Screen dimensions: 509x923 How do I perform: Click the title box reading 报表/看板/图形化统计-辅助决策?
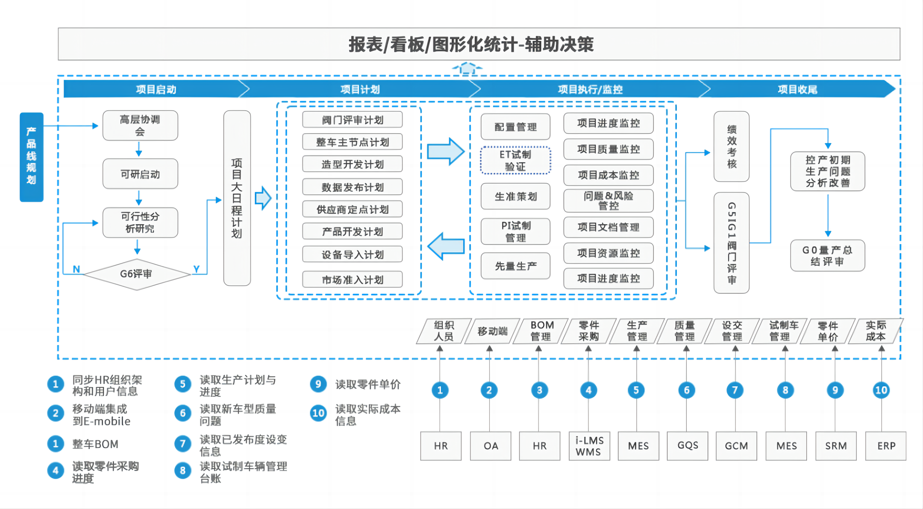tap(479, 44)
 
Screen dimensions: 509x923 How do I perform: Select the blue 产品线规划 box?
tap(31, 157)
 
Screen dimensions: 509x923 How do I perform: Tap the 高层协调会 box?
tap(140, 126)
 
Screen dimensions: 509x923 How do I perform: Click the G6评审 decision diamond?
tap(136, 274)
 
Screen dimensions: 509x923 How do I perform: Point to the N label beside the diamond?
tap(76, 269)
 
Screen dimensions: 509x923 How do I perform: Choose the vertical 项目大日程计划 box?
tap(237, 198)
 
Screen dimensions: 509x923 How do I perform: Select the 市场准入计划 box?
tap(352, 280)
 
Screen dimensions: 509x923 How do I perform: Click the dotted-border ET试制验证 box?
tap(515, 161)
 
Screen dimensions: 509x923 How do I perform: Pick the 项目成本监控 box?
tap(608, 175)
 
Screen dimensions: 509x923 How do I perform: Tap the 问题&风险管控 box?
tap(608, 201)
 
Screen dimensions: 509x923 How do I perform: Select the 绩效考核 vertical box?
tap(731, 146)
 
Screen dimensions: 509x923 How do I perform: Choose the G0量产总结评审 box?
tap(827, 255)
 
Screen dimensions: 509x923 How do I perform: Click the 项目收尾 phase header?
tap(797, 89)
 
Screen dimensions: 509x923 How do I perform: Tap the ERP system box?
tap(886, 446)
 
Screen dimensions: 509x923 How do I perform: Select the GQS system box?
tap(688, 446)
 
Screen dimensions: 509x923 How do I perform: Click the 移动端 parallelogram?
tap(492, 331)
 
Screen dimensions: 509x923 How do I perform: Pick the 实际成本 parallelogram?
tap(876, 331)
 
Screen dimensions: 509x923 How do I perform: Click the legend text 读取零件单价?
tap(367, 384)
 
